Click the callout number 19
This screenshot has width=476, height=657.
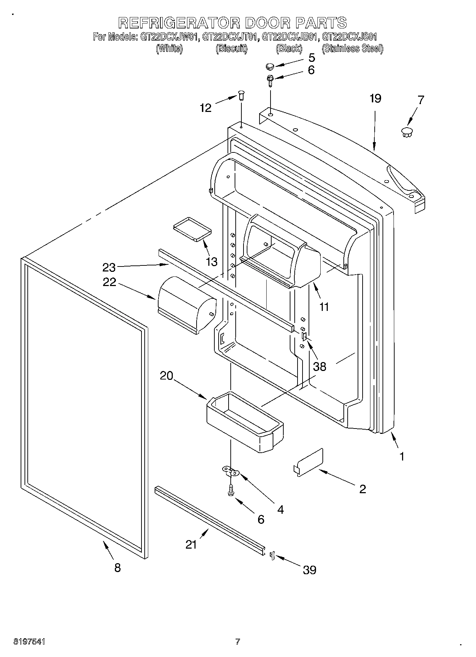click(375, 98)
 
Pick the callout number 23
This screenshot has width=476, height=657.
click(109, 266)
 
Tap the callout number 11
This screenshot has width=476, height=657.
click(324, 306)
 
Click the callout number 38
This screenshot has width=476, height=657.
click(320, 366)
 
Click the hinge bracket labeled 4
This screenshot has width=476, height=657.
click(230, 471)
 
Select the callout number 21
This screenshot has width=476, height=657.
click(191, 544)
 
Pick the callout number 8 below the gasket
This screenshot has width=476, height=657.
click(117, 567)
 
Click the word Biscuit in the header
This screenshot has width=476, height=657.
click(231, 49)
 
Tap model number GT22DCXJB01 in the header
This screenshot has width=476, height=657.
click(290, 37)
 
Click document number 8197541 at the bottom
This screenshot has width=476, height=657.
click(30, 642)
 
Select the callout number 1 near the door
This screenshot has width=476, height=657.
click(402, 456)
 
